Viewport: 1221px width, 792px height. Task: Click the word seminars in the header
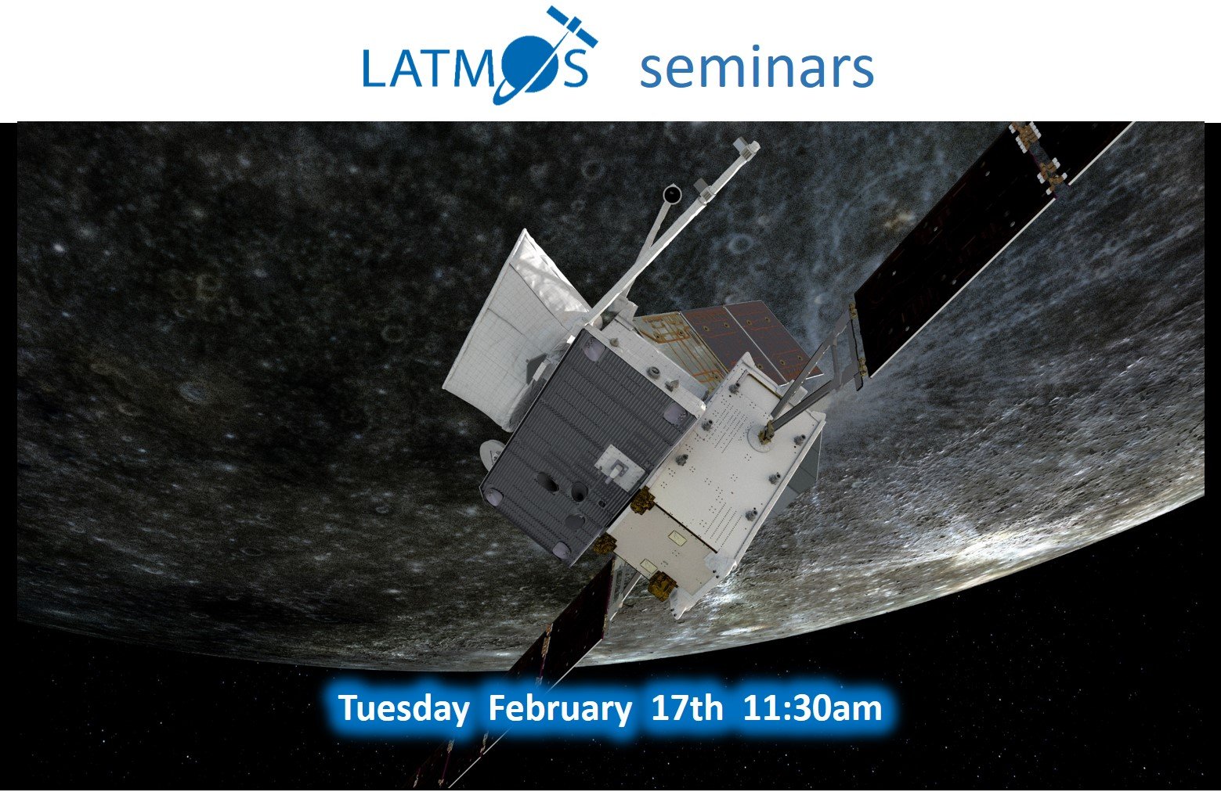click(x=757, y=69)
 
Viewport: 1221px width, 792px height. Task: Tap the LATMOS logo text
click(x=475, y=67)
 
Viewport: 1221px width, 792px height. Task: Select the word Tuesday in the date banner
click(x=403, y=709)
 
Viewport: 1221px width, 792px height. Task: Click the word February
click(x=560, y=709)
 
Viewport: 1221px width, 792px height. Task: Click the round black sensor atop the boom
click(x=672, y=194)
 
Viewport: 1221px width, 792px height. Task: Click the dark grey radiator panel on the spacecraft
click(x=589, y=447)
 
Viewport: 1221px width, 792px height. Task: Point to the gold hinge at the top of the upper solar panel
click(x=1024, y=135)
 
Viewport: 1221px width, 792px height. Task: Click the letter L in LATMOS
click(x=374, y=67)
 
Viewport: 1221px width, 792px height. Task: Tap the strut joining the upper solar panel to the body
click(x=812, y=376)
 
